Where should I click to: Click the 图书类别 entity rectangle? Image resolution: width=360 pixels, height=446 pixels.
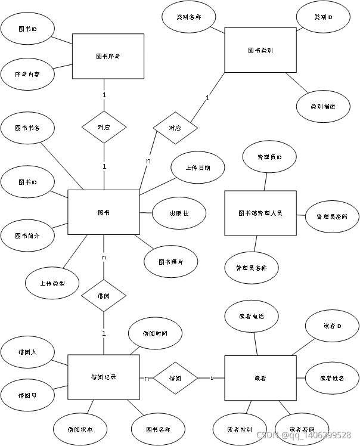click(x=260, y=51)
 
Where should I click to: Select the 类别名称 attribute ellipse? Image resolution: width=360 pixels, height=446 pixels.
click(x=188, y=17)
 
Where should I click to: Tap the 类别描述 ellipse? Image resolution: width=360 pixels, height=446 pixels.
click(x=322, y=106)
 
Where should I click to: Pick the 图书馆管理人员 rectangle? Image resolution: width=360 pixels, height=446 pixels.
click(x=260, y=213)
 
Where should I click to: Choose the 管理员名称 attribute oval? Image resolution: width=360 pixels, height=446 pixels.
click(x=252, y=268)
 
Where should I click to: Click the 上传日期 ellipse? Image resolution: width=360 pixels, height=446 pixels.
click(x=197, y=168)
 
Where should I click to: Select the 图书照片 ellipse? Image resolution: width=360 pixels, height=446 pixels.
click(x=171, y=262)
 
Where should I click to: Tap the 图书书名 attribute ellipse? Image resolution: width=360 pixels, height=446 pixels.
click(x=27, y=127)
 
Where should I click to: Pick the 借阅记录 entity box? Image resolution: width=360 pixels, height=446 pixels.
click(x=104, y=377)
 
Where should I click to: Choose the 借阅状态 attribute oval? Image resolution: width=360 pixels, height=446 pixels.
click(x=80, y=429)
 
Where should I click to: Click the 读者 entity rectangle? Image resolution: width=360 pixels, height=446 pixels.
click(x=260, y=377)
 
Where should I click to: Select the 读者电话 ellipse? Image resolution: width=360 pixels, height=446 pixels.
click(x=252, y=317)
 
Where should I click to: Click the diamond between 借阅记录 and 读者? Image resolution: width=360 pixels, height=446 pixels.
click(x=175, y=377)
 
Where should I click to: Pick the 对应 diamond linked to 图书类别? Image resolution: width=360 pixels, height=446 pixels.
click(x=175, y=128)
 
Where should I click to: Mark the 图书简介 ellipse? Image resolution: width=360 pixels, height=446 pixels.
click(x=27, y=236)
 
